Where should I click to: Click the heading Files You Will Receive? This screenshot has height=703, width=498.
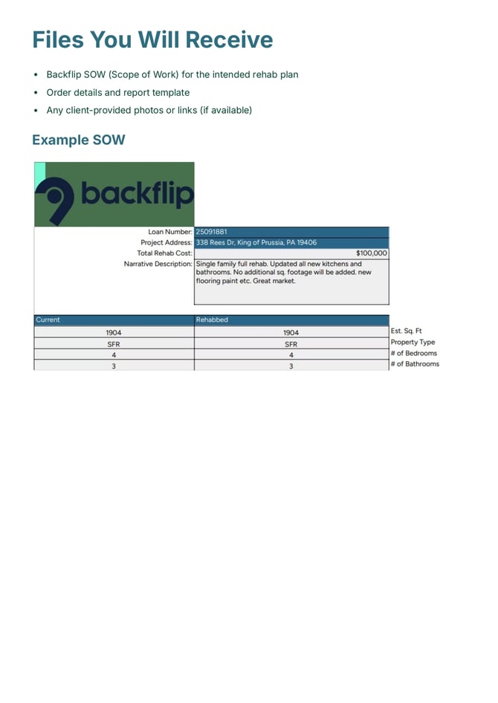click(152, 39)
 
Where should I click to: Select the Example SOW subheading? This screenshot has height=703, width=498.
click(78, 140)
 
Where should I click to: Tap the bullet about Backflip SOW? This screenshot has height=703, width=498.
click(172, 74)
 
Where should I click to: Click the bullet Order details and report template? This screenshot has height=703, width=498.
click(117, 92)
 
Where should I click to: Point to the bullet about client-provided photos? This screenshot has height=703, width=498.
click(149, 110)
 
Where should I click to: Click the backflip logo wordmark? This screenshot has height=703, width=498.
click(137, 194)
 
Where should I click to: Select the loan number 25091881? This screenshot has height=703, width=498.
click(212, 232)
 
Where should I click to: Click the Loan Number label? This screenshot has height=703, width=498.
click(169, 232)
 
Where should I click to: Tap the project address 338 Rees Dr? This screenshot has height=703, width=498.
click(256, 242)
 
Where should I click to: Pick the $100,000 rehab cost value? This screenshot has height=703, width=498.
click(371, 253)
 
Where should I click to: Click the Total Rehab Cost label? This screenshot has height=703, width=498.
click(164, 253)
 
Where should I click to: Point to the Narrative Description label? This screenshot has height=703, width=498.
click(158, 264)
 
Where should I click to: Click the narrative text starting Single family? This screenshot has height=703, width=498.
click(282, 273)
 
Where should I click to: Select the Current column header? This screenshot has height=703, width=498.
click(48, 320)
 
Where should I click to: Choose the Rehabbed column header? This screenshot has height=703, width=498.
click(212, 320)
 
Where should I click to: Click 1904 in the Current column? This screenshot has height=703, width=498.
click(114, 333)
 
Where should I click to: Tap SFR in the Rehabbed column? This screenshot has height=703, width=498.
click(291, 344)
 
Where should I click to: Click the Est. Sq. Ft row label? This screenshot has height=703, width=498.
click(406, 331)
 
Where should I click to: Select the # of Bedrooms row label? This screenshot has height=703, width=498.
click(413, 354)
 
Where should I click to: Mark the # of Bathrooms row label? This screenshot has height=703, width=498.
click(414, 364)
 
